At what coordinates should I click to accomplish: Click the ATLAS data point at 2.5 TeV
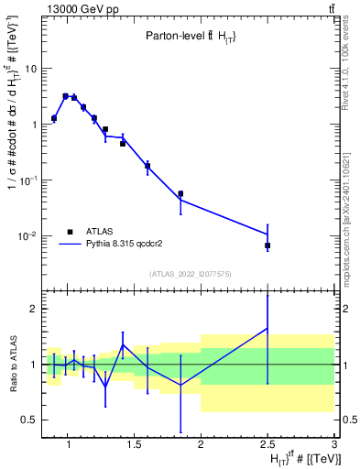(x=267, y=245)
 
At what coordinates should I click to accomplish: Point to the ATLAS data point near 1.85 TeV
(x=180, y=194)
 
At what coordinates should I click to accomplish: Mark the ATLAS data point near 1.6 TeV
(x=147, y=166)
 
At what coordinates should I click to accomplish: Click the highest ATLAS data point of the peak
(x=65, y=95)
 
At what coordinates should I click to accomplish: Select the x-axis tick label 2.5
(x=267, y=445)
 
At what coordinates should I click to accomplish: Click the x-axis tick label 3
(x=334, y=445)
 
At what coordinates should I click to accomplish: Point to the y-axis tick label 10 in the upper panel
(x=30, y=69)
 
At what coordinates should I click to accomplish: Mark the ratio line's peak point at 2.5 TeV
(x=267, y=328)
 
